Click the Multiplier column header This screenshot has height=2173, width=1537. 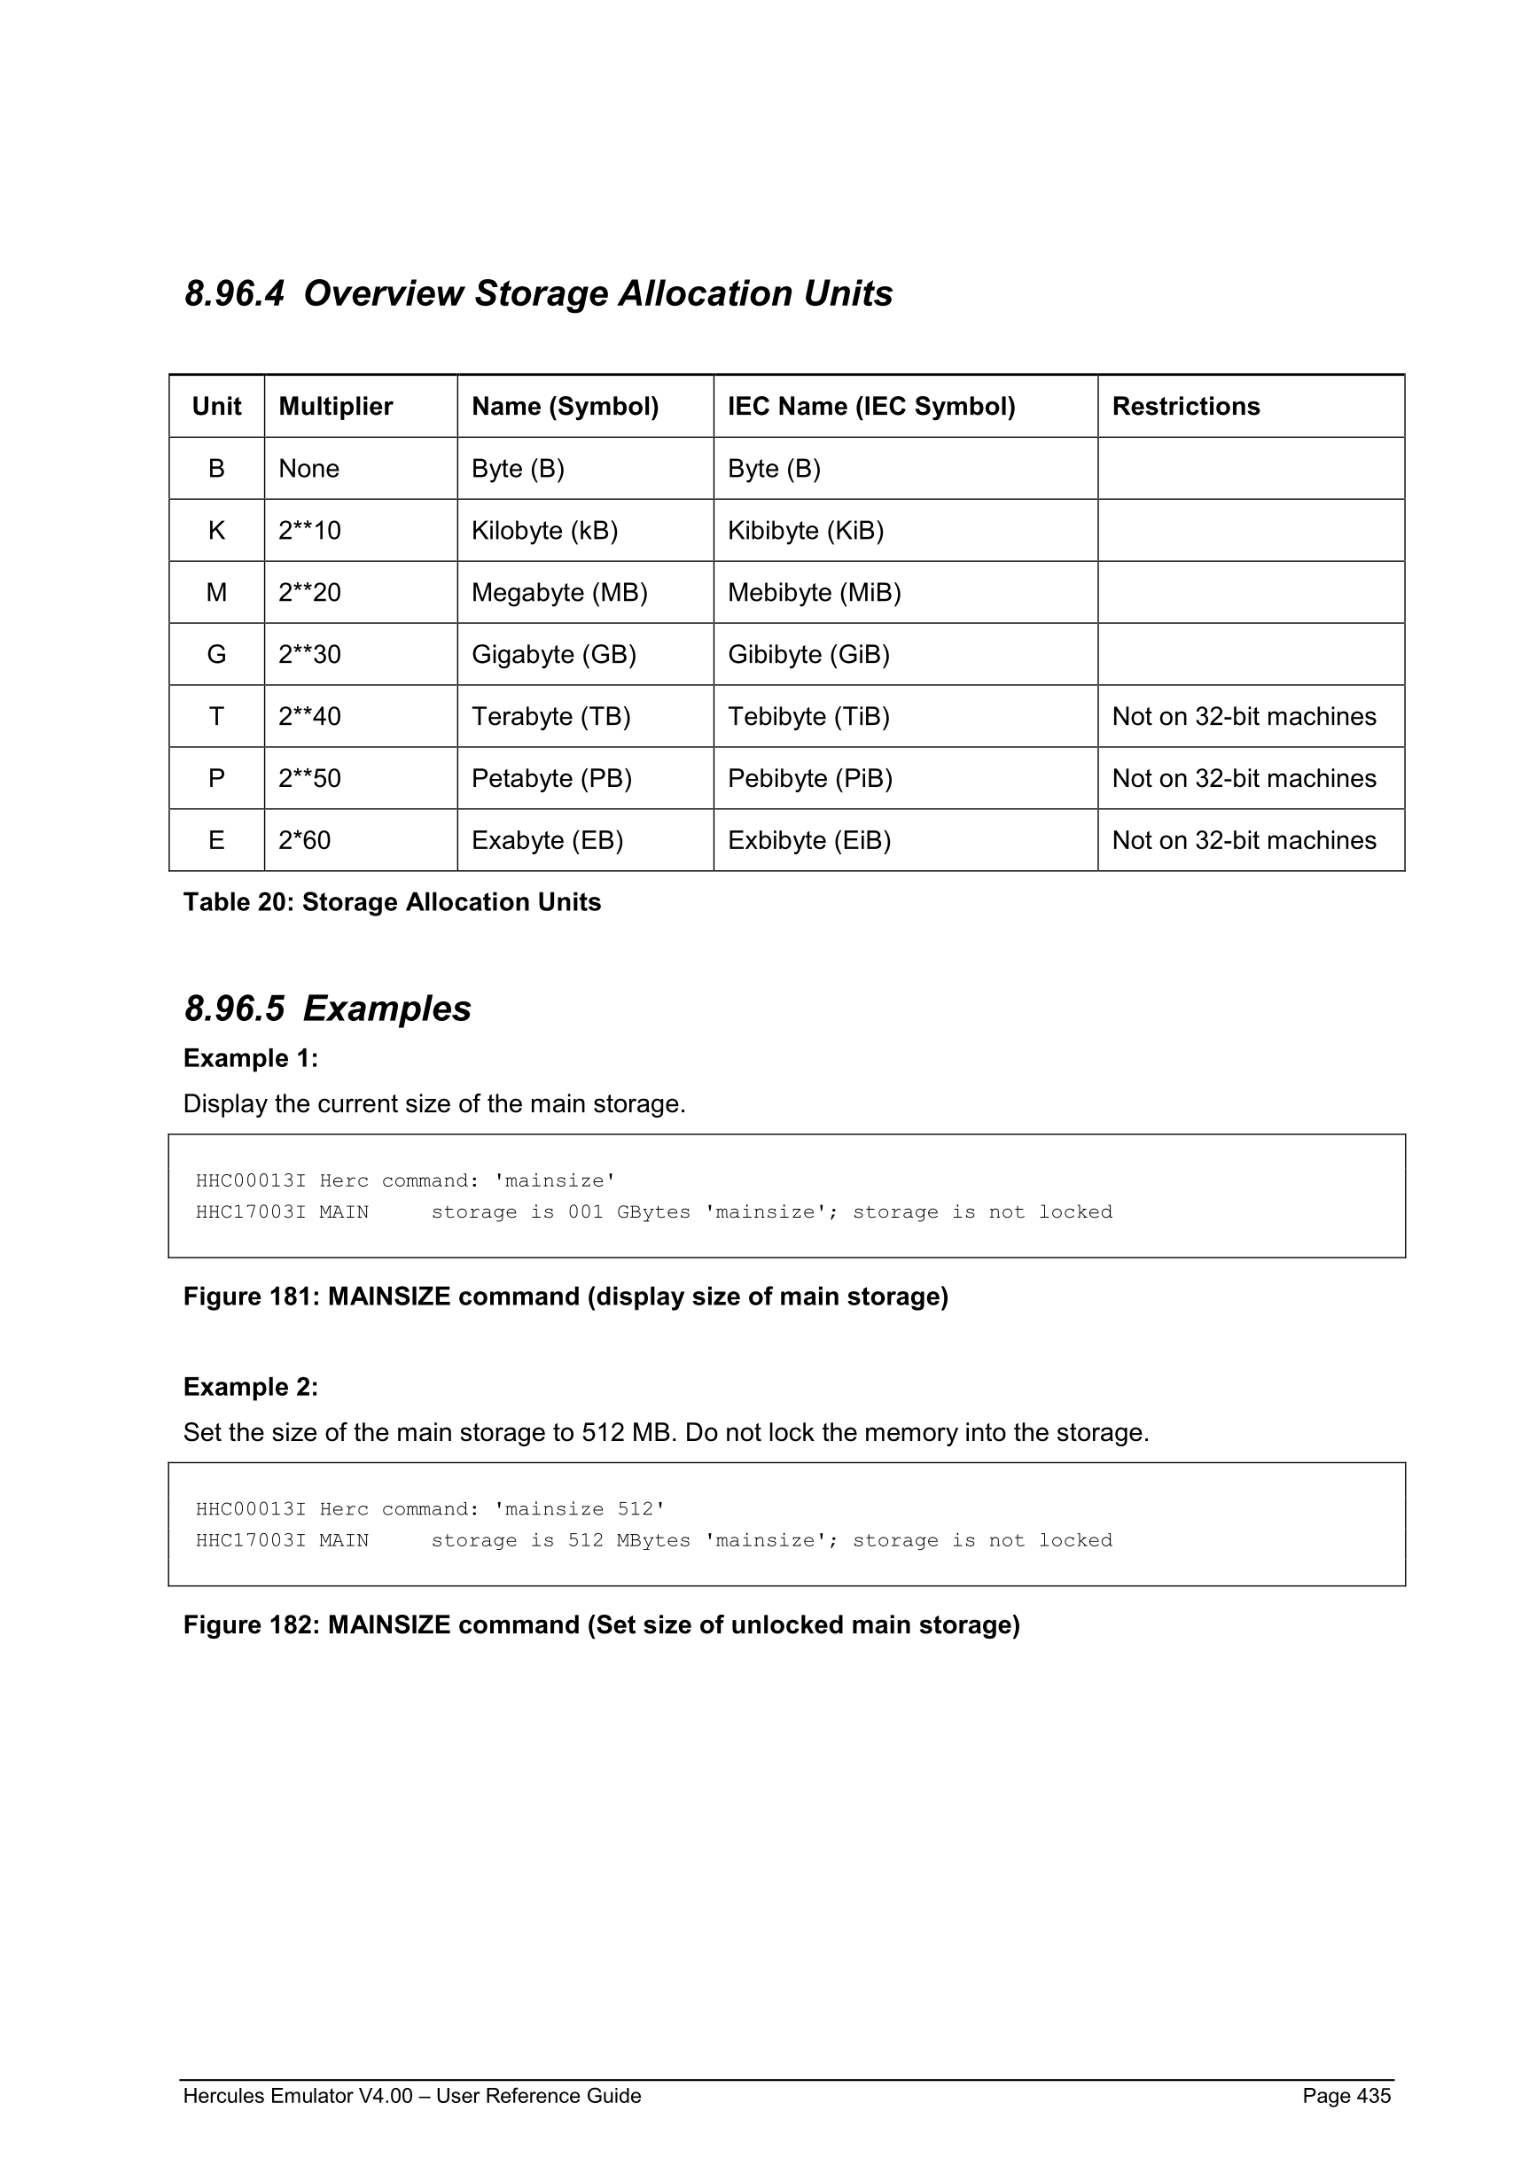335,406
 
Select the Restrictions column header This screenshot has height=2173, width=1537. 1185,406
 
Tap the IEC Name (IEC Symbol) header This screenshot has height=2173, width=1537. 870,406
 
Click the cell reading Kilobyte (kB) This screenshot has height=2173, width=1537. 544,530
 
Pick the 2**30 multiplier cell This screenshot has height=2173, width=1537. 309,654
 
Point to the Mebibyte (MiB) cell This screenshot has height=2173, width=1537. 814,593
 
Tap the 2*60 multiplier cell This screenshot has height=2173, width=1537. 305,840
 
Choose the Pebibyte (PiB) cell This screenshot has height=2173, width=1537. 810,778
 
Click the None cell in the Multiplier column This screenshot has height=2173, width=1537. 308,469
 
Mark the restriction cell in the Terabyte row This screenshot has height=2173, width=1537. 1244,716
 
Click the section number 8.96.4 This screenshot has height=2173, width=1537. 234,293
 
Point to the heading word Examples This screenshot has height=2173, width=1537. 386,1008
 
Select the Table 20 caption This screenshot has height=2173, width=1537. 392,902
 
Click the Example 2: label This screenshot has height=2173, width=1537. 251,1387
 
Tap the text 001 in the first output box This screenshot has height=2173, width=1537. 585,1212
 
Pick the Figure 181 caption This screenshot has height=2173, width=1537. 565,1296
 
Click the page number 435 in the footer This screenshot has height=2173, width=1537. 1372,2095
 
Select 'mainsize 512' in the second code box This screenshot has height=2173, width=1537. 579,1508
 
